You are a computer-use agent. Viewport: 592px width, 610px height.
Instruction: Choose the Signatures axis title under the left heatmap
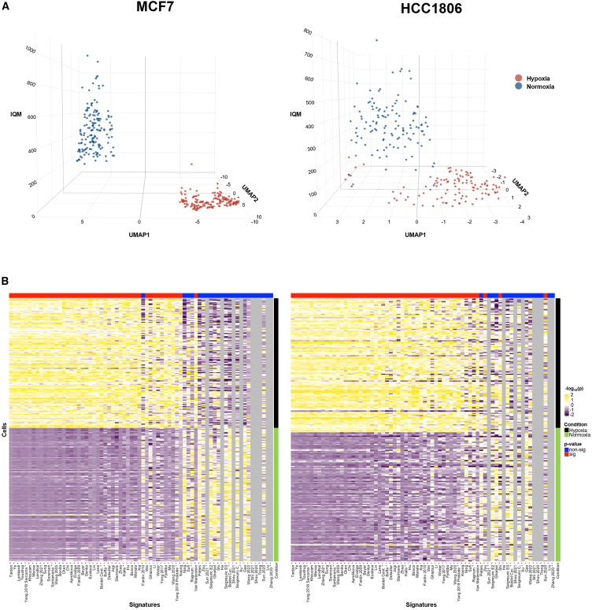141,604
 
